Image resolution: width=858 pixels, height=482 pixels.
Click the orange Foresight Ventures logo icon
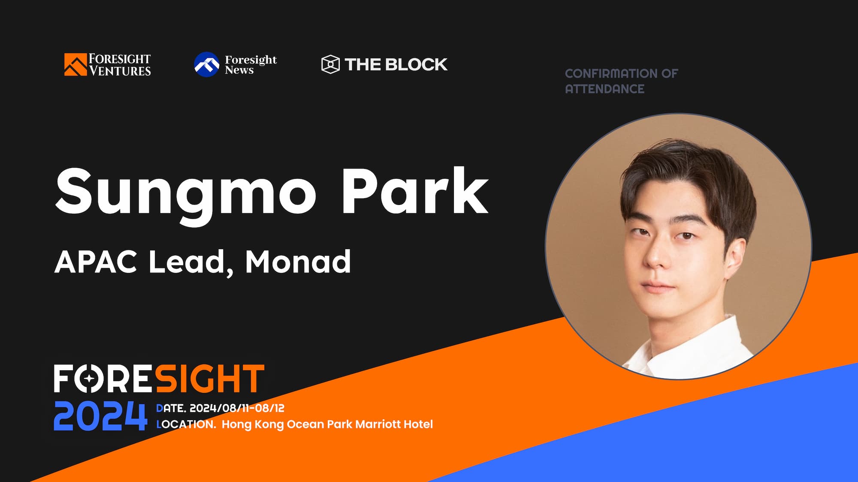(x=75, y=64)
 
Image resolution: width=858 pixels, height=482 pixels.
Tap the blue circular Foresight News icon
(x=207, y=64)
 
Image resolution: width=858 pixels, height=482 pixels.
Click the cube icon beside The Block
(x=330, y=64)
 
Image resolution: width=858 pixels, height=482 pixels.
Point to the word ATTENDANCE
(x=604, y=89)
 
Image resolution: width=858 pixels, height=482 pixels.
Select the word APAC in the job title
(x=96, y=262)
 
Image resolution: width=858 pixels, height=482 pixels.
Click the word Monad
(x=298, y=262)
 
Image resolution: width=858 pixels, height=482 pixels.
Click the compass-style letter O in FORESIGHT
(x=89, y=378)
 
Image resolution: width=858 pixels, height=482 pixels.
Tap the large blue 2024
(x=100, y=416)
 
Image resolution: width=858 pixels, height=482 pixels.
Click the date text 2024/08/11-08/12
(x=237, y=408)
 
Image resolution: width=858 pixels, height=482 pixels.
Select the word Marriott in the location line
(x=378, y=424)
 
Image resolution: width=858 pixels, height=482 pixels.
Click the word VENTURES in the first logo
(x=120, y=71)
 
